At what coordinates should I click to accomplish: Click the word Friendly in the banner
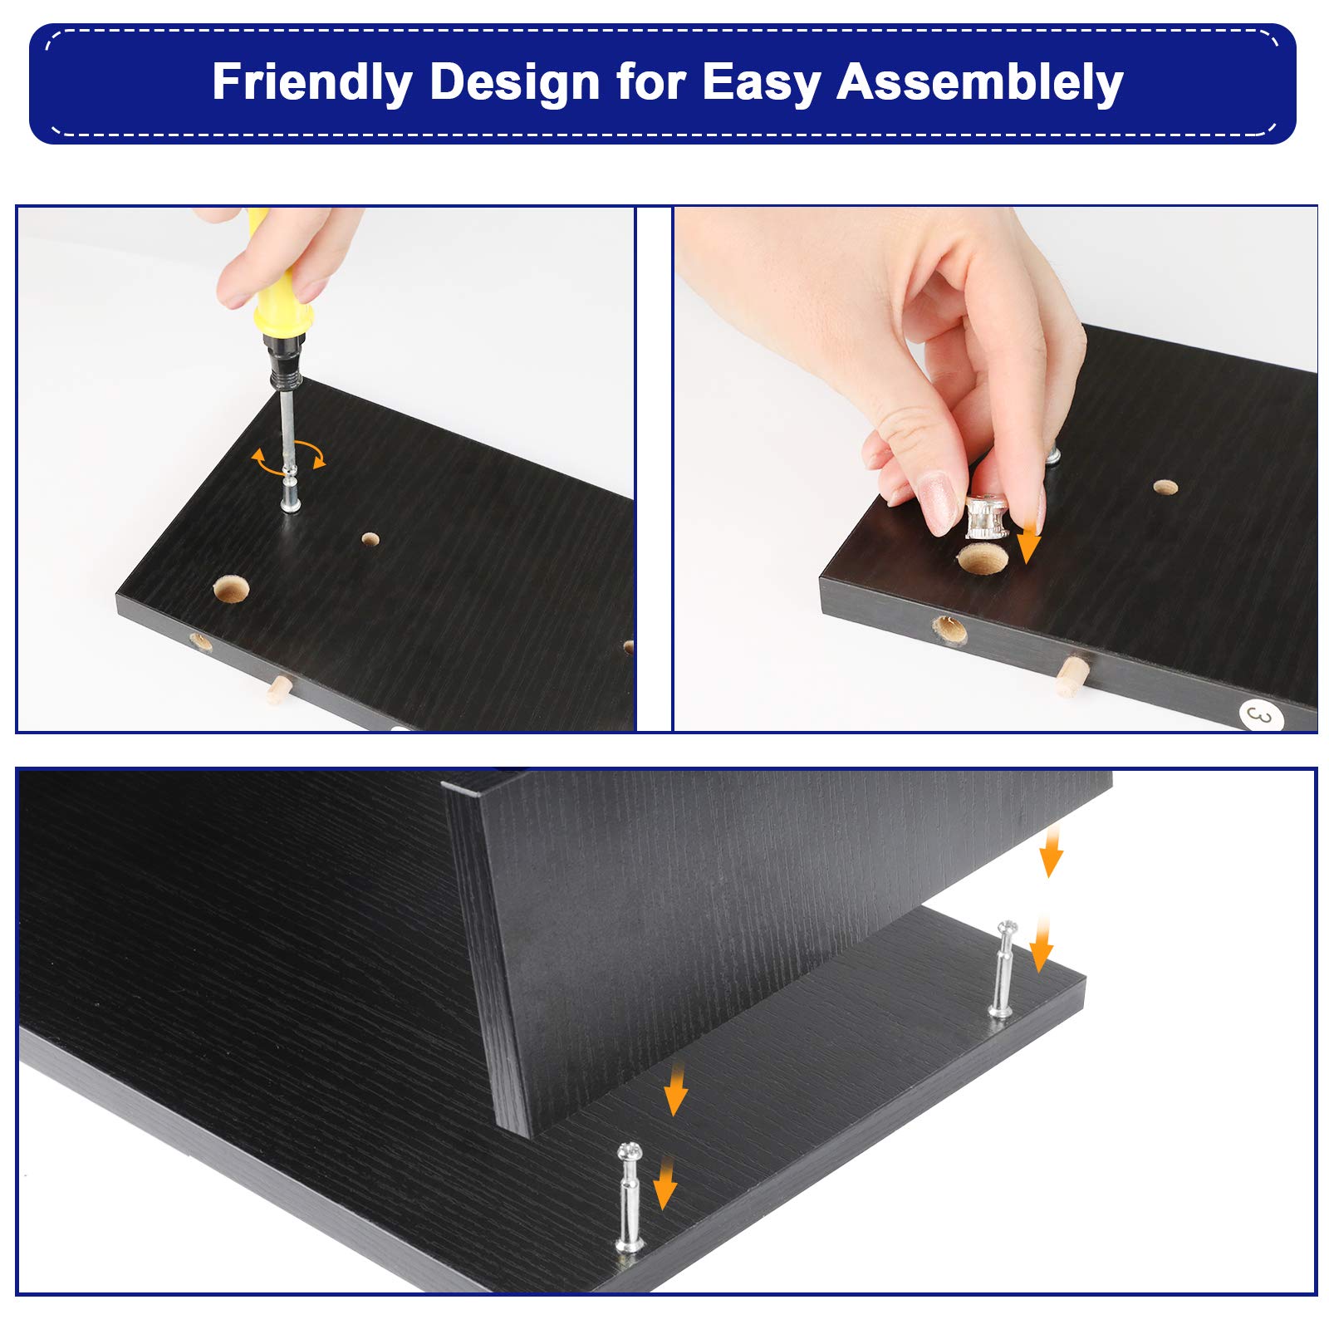click(x=312, y=82)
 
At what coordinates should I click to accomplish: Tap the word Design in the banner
click(x=516, y=84)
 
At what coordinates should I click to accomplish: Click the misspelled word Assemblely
click(x=980, y=84)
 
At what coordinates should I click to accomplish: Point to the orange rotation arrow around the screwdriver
click(x=289, y=459)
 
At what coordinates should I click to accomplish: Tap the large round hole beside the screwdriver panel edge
click(x=232, y=589)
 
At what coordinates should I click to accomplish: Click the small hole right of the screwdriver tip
click(x=370, y=539)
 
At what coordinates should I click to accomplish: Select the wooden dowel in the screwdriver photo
click(x=277, y=689)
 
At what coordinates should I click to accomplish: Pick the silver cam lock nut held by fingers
click(x=986, y=517)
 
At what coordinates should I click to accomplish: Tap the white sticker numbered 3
click(x=1261, y=716)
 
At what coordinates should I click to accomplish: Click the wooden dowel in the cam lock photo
click(x=1073, y=675)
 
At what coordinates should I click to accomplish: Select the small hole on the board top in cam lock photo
click(x=1165, y=486)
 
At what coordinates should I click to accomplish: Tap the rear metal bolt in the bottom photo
click(x=1003, y=969)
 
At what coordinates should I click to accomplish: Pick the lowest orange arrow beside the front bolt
click(x=664, y=1184)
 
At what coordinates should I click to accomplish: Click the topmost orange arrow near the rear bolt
click(x=1052, y=851)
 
